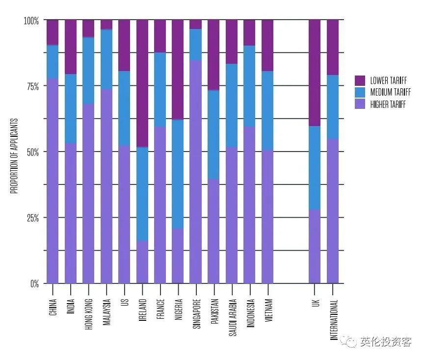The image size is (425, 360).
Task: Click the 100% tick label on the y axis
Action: [31, 21]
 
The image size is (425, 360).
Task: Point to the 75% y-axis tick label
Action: [33, 86]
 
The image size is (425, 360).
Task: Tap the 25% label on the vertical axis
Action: [33, 218]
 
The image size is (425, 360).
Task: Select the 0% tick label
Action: [34, 283]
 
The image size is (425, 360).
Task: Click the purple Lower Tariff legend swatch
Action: [360, 80]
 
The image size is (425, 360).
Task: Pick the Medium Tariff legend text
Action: [391, 92]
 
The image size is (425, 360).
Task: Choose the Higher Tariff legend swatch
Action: [360, 104]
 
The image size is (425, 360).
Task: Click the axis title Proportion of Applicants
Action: [14, 156]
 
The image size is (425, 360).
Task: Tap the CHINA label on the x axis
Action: [53, 307]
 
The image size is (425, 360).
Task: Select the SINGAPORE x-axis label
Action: [197, 314]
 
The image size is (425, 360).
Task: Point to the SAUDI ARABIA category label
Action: [233, 317]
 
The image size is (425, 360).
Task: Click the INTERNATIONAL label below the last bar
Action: [334, 320]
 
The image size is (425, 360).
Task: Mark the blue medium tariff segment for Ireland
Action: [142, 194]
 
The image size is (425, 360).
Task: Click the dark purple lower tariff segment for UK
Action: [315, 73]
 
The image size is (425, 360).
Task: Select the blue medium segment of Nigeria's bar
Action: [178, 174]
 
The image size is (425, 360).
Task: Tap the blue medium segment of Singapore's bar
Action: [196, 45]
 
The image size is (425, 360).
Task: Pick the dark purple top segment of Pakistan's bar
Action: [213, 55]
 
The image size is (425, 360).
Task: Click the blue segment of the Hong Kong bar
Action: [88, 71]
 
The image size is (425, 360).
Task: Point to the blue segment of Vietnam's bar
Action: [267, 111]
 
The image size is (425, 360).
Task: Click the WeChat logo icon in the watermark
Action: [349, 341]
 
